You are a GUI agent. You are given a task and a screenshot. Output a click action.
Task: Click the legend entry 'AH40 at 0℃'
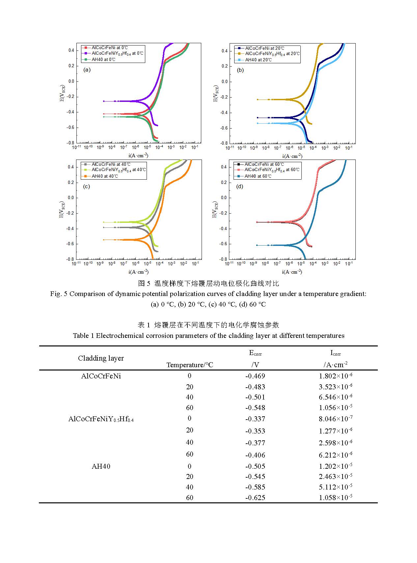coord(103,60)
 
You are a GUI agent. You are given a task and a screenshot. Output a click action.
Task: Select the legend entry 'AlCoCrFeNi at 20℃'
coord(264,48)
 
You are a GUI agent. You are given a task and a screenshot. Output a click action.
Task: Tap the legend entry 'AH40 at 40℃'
coord(104,176)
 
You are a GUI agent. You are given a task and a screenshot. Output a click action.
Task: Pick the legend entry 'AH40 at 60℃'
coord(258,176)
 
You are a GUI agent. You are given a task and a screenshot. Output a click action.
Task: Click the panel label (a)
coord(87,70)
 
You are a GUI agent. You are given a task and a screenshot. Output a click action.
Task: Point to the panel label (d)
coord(240,187)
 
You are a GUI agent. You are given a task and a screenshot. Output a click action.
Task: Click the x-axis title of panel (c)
coord(138,272)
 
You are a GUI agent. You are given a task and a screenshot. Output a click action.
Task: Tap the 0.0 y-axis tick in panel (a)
coord(71,81)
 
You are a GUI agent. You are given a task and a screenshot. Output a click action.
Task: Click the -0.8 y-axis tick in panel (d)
coord(224,259)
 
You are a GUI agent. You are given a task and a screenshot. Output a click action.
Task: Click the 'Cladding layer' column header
coord(101,358)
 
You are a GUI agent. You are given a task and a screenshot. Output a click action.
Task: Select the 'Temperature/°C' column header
coord(190,365)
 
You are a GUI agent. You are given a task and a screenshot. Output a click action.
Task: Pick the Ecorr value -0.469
coord(255,376)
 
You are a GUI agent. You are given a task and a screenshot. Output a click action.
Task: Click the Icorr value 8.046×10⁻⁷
coord(335,419)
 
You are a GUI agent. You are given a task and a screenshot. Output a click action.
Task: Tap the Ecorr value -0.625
coord(255,498)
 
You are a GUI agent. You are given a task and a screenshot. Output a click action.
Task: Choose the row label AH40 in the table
coord(101,466)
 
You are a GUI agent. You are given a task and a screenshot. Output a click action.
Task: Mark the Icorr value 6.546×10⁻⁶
coord(335,397)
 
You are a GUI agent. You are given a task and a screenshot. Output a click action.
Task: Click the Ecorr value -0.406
coord(255,455)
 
